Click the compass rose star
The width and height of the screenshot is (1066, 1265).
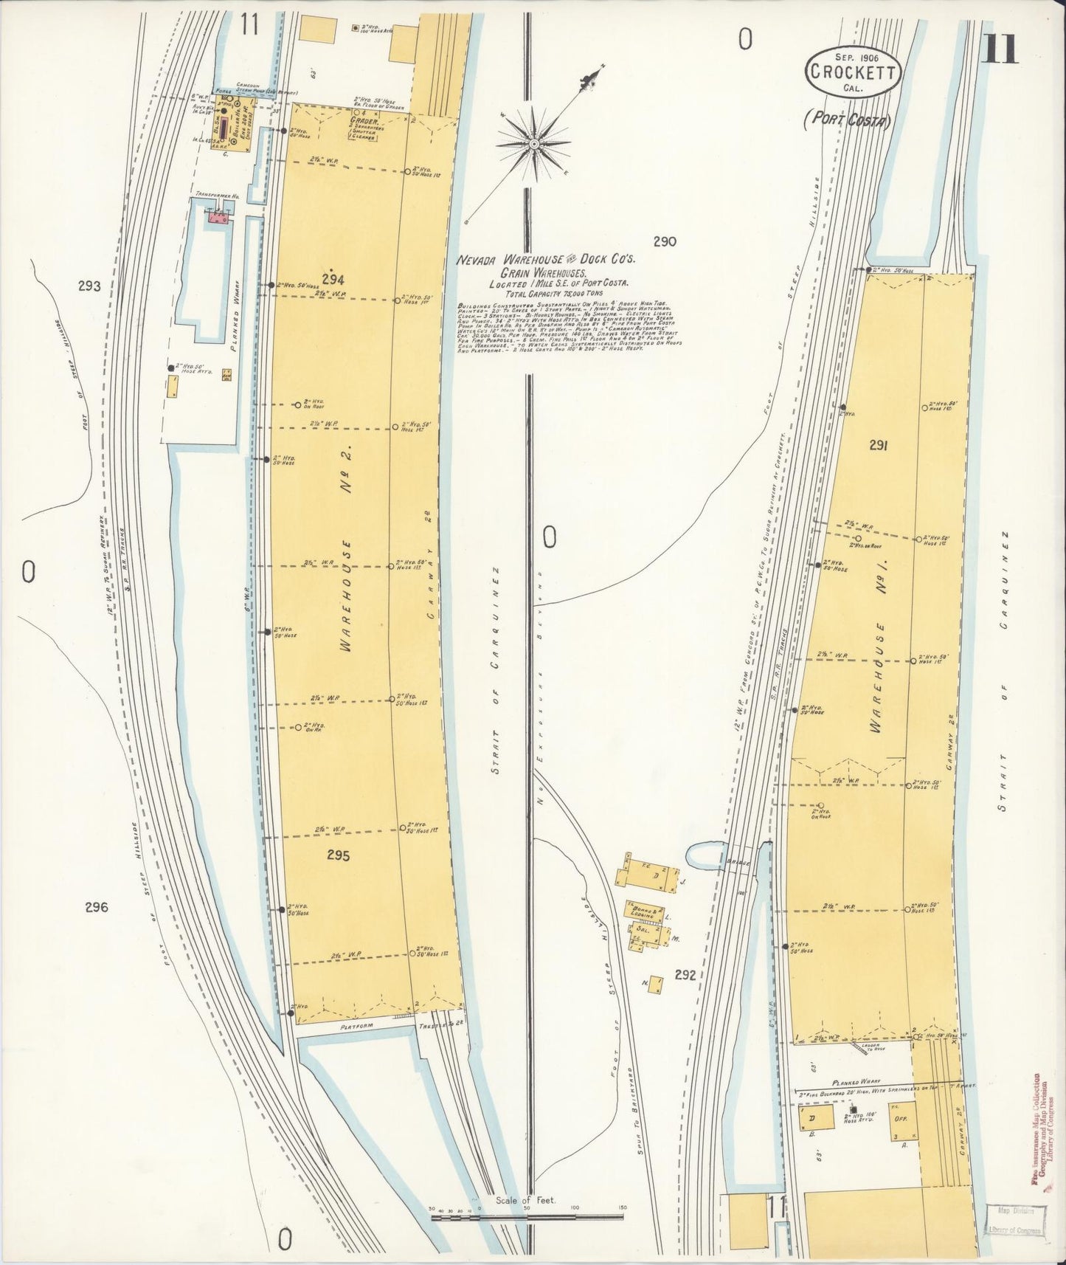(x=533, y=143)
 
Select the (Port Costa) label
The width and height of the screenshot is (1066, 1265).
(x=854, y=120)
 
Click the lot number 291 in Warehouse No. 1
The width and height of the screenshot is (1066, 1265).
(x=878, y=445)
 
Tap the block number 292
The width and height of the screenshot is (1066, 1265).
(x=685, y=975)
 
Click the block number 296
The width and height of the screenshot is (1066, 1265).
(x=96, y=907)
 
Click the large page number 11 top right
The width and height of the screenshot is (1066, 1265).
(x=1000, y=50)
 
